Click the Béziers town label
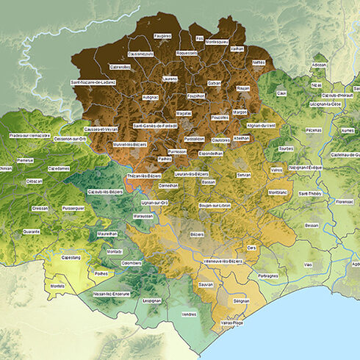[x=196, y=234]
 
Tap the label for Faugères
[x=162, y=35]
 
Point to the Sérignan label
[x=241, y=300]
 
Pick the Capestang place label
[x=71, y=258]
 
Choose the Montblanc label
[x=278, y=192]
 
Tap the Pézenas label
[x=314, y=130]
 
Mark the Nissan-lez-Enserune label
[x=112, y=293]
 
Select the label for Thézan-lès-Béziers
[x=144, y=176]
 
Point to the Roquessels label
[x=187, y=54]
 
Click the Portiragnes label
[x=268, y=276]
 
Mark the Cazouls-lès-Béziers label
[x=105, y=192]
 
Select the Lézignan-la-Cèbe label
[x=326, y=104]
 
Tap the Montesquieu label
[x=217, y=42]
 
